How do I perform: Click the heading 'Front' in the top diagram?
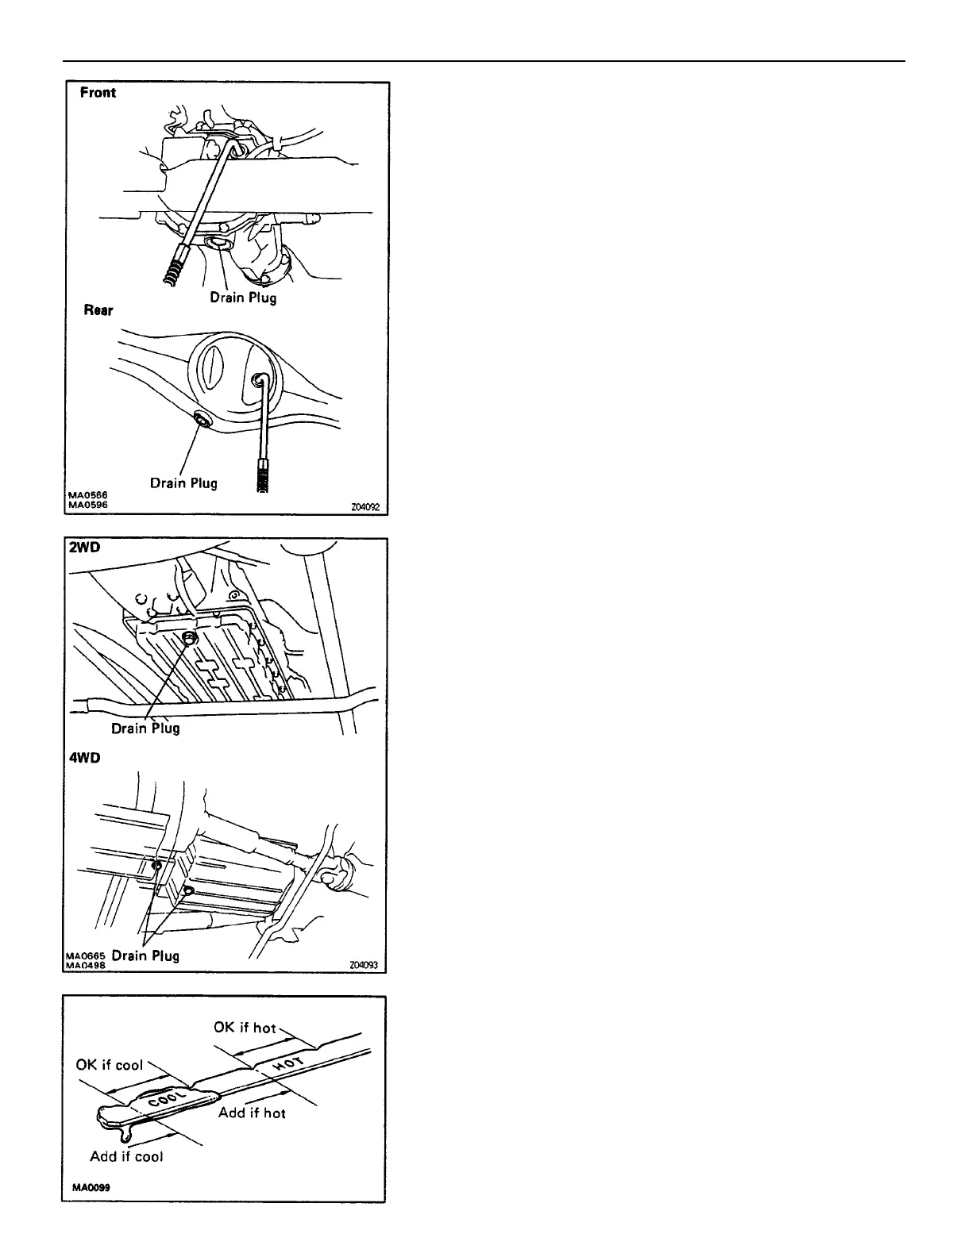(x=98, y=93)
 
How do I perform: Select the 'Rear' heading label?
(x=98, y=309)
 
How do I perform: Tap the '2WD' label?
(x=83, y=548)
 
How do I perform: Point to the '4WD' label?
(x=83, y=758)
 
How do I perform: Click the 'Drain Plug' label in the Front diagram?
(x=243, y=298)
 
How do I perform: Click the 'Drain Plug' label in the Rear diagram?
(x=183, y=482)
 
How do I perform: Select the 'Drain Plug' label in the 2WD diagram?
(x=145, y=728)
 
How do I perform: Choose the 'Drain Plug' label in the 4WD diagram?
(x=145, y=955)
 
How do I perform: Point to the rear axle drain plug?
(x=202, y=421)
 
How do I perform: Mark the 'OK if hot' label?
(x=245, y=1028)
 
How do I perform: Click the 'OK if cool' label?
(x=110, y=1064)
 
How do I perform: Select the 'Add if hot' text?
(x=252, y=1113)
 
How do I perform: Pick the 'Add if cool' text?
(x=126, y=1156)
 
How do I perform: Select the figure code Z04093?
(x=363, y=966)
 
